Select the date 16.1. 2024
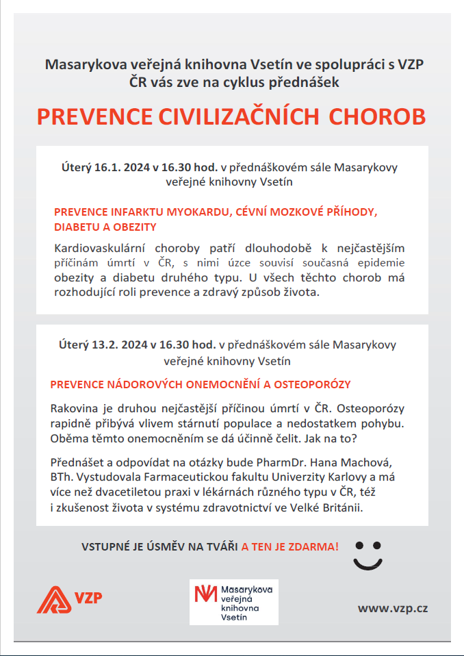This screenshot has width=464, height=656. click(120, 167)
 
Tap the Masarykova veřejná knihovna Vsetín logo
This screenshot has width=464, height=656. click(233, 602)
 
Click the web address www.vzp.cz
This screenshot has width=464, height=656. click(392, 608)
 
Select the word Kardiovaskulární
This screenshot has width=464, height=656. click(95, 249)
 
